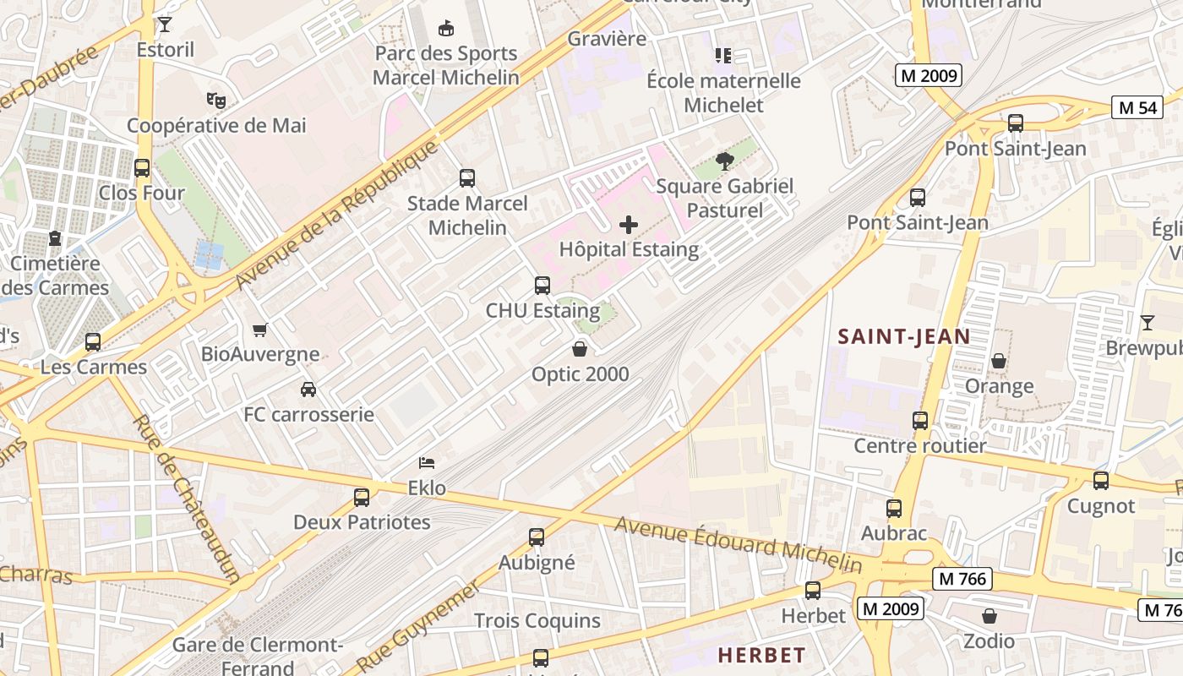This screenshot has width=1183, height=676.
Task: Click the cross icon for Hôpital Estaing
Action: pos(629,225)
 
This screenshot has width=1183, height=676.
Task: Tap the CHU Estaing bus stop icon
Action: pos(542,286)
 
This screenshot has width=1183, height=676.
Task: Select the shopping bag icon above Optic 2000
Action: pos(580,348)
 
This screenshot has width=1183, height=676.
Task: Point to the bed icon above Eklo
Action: pos(427,463)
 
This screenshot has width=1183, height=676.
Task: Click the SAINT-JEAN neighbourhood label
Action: pos(903,337)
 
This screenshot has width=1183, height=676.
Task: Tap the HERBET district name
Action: pos(761,655)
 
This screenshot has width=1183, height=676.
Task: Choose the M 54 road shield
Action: pos(1137,107)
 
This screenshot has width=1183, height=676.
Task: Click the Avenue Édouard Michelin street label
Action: pos(738,545)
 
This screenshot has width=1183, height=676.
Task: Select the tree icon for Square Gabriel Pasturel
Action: pos(724,161)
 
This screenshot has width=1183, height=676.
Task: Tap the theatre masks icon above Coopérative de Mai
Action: pos(216,101)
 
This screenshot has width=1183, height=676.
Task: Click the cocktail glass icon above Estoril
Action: pos(165,25)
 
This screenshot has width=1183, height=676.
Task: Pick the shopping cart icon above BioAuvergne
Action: pos(260,330)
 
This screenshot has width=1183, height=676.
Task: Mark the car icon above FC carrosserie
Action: pos(308,390)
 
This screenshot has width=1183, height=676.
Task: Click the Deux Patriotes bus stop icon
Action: pos(362,497)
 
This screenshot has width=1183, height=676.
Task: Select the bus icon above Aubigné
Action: pos(537,537)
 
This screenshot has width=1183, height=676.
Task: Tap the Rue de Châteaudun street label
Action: pos(188,498)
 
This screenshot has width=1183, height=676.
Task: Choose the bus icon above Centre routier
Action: pos(920,420)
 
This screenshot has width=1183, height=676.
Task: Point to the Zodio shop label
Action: pos(989,641)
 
